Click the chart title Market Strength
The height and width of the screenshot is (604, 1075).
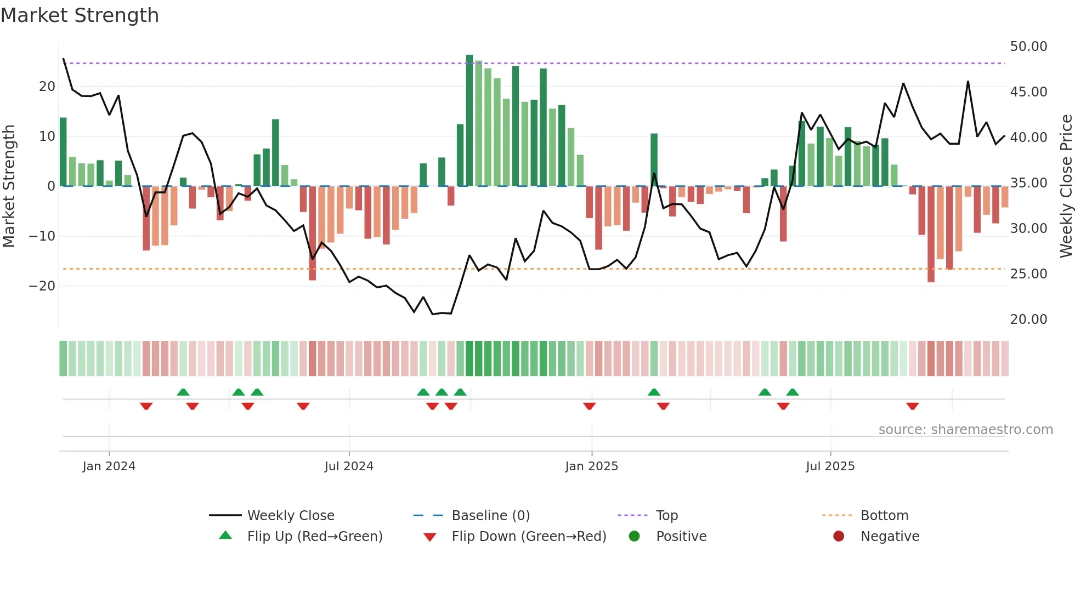pos(80,15)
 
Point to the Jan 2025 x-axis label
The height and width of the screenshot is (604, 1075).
pos(591,466)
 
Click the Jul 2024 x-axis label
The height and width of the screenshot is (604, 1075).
pos(349,466)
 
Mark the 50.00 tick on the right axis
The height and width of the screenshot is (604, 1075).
pos(1028,47)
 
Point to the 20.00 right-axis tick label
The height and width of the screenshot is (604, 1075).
pos(1028,320)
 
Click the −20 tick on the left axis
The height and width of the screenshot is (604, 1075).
pos(42,286)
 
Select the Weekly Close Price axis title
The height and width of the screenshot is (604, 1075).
pos(1066,186)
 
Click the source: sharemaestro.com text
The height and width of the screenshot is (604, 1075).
pos(965,430)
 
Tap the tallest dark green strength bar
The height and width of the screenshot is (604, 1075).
pos(469,121)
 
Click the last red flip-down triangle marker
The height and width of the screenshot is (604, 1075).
pos(912,406)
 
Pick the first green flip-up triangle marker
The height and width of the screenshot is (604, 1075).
pos(183,392)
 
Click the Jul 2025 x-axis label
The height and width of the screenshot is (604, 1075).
pos(830,466)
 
